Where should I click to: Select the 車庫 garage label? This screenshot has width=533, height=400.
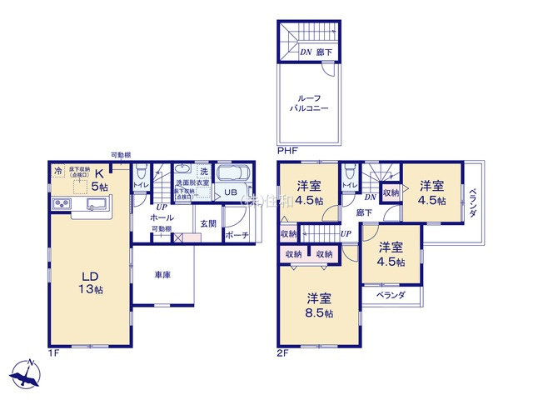point(162,275)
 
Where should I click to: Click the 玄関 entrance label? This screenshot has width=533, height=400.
point(208,223)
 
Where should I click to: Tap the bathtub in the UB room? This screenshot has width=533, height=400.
point(232,175)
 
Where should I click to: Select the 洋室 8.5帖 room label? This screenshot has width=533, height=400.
point(318,305)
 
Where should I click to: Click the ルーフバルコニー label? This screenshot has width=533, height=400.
point(309,103)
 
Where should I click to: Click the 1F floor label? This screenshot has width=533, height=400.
point(54,352)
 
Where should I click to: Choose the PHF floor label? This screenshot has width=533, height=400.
point(286,151)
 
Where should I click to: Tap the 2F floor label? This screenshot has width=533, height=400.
point(283,352)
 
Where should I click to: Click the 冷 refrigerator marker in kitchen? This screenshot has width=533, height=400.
point(57,172)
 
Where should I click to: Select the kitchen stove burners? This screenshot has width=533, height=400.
point(62,205)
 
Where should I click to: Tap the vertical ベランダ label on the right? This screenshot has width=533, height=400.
point(471,204)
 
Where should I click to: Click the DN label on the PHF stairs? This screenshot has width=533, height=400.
point(306,52)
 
